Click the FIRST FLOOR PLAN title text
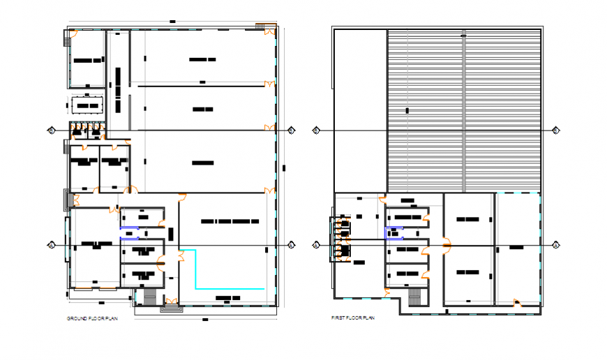(x=353, y=318)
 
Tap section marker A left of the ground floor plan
(x=51, y=245)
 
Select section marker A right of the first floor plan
(x=555, y=245)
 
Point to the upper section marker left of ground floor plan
(x=51, y=130)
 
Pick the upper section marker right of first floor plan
(x=555, y=130)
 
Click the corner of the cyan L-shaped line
(x=195, y=288)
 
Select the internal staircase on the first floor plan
(x=415, y=298)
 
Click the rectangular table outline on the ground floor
(x=87, y=105)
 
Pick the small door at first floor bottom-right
(x=516, y=303)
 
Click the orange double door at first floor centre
(x=444, y=245)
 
